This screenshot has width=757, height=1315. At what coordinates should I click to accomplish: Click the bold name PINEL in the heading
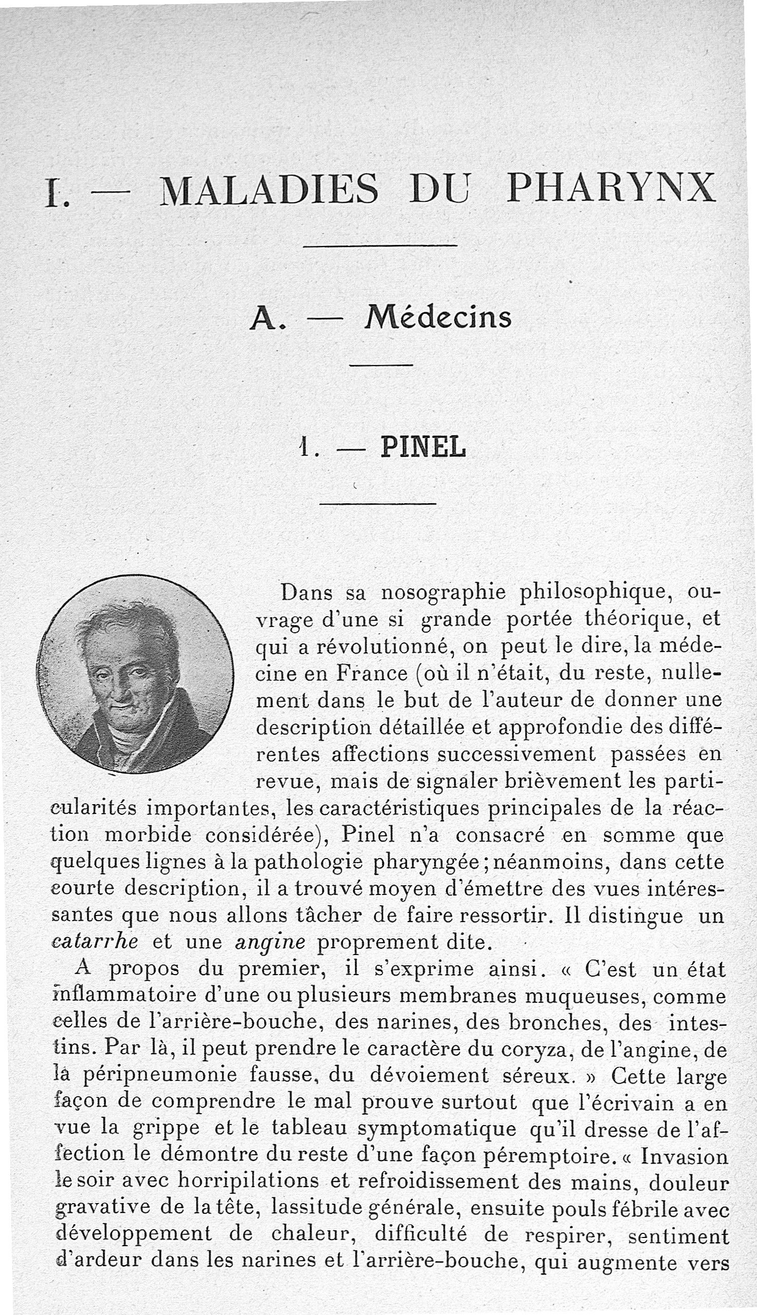(423, 447)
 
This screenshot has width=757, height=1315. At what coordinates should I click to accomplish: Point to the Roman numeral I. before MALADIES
(52, 193)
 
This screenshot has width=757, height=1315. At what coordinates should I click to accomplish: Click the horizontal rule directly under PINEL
(377, 504)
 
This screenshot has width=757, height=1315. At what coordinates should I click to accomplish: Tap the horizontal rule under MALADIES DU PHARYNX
(380, 245)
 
